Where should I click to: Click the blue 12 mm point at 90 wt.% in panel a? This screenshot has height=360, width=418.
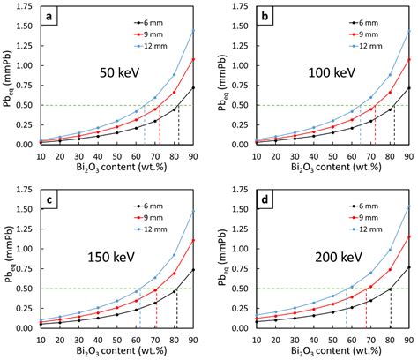(193, 31)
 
